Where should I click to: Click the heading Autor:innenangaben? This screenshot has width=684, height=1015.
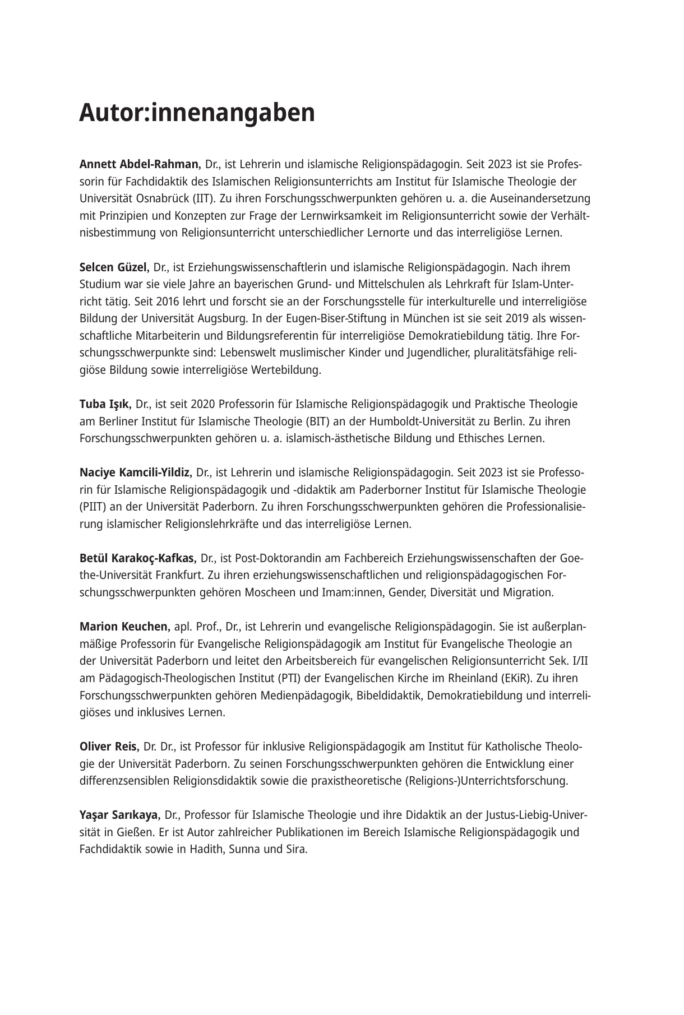pyautogui.click(x=197, y=113)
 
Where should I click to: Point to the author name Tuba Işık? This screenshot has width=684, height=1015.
pyautogui.click(x=105, y=405)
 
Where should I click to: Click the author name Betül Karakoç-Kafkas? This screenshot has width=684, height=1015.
pyautogui.click(x=138, y=559)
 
